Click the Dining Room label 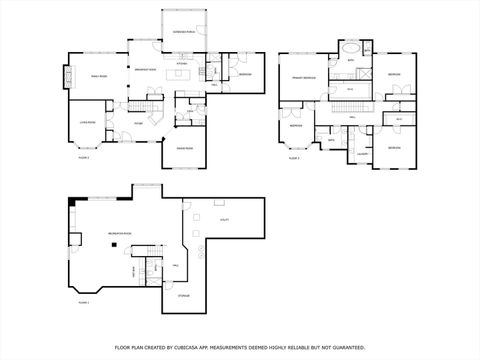(185, 148)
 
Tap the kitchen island (182, 75)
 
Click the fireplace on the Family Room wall (69, 77)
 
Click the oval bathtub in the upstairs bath (351, 47)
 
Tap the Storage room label (183, 296)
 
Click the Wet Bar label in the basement (134, 272)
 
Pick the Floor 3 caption (294, 158)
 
